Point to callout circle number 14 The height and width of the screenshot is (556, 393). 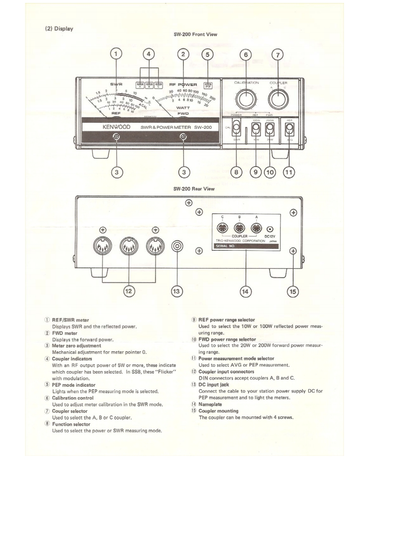(x=245, y=291)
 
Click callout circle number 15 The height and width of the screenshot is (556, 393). (x=293, y=291)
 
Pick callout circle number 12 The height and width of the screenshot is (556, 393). (x=129, y=291)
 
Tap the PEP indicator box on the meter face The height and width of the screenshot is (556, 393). (x=208, y=85)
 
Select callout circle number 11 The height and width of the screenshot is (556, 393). (x=288, y=172)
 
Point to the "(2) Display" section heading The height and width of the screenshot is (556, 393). (x=59, y=28)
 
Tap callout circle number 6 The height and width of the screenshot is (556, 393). (x=245, y=54)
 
